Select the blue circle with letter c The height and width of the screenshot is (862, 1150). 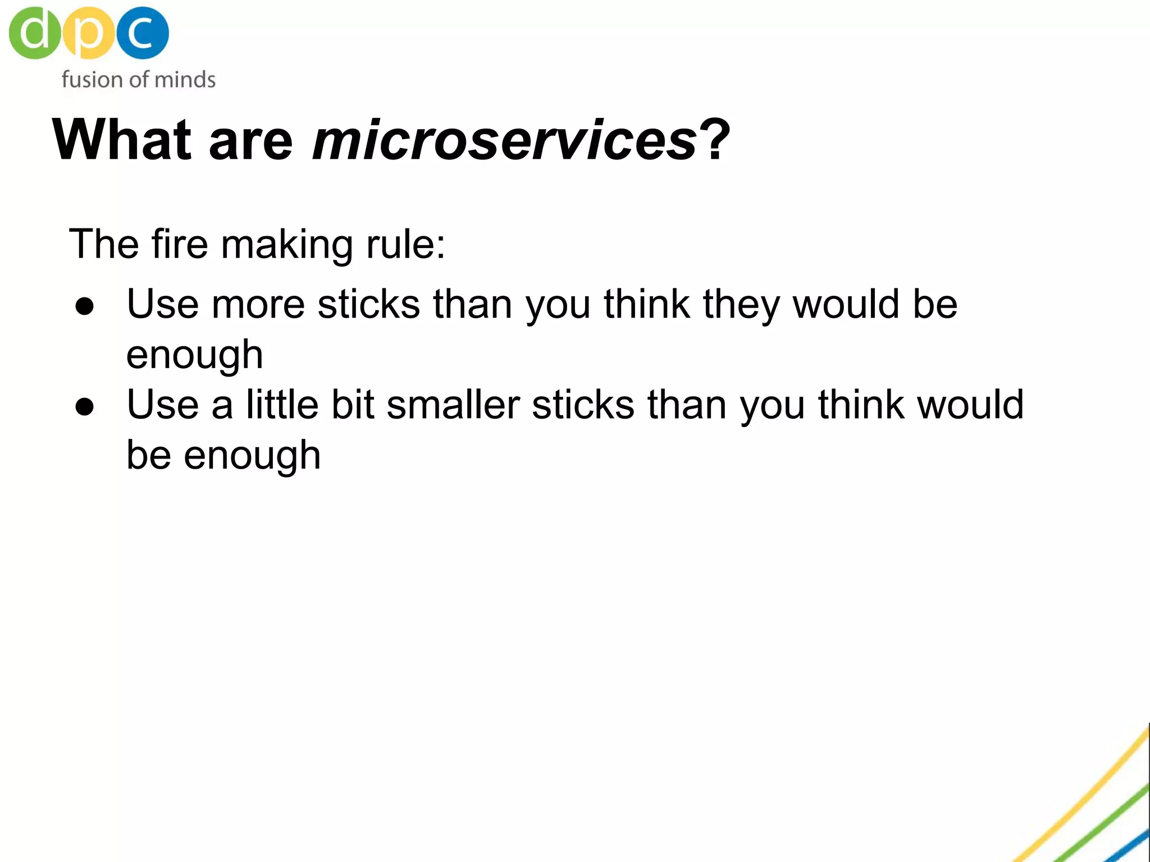pos(142,33)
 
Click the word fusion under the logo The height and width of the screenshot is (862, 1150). pos(92,80)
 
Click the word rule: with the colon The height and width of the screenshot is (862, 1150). pos(405,245)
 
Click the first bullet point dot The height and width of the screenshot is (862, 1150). pos(85,306)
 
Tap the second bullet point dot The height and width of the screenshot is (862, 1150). pos(85,407)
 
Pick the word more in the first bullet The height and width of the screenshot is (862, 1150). pos(258,305)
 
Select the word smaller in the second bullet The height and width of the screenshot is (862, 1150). pos(453,405)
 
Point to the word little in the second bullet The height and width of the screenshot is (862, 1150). pos(282,405)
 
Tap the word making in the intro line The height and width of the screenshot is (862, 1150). pos(287,246)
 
